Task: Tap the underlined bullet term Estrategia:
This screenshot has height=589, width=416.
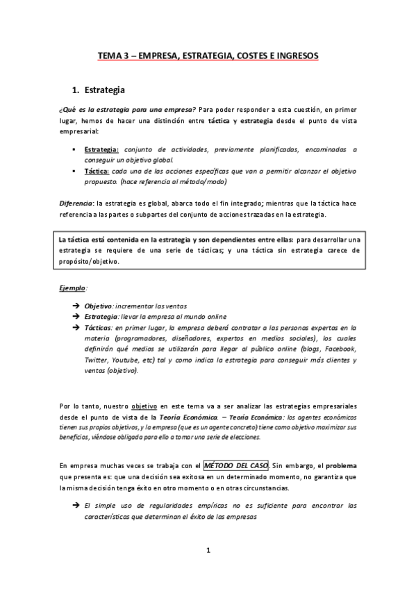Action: point(101,149)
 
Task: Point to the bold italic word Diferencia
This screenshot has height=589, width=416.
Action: point(76,202)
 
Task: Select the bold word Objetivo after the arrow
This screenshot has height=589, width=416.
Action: point(99,306)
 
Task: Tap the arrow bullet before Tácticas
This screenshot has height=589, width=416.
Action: point(75,327)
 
